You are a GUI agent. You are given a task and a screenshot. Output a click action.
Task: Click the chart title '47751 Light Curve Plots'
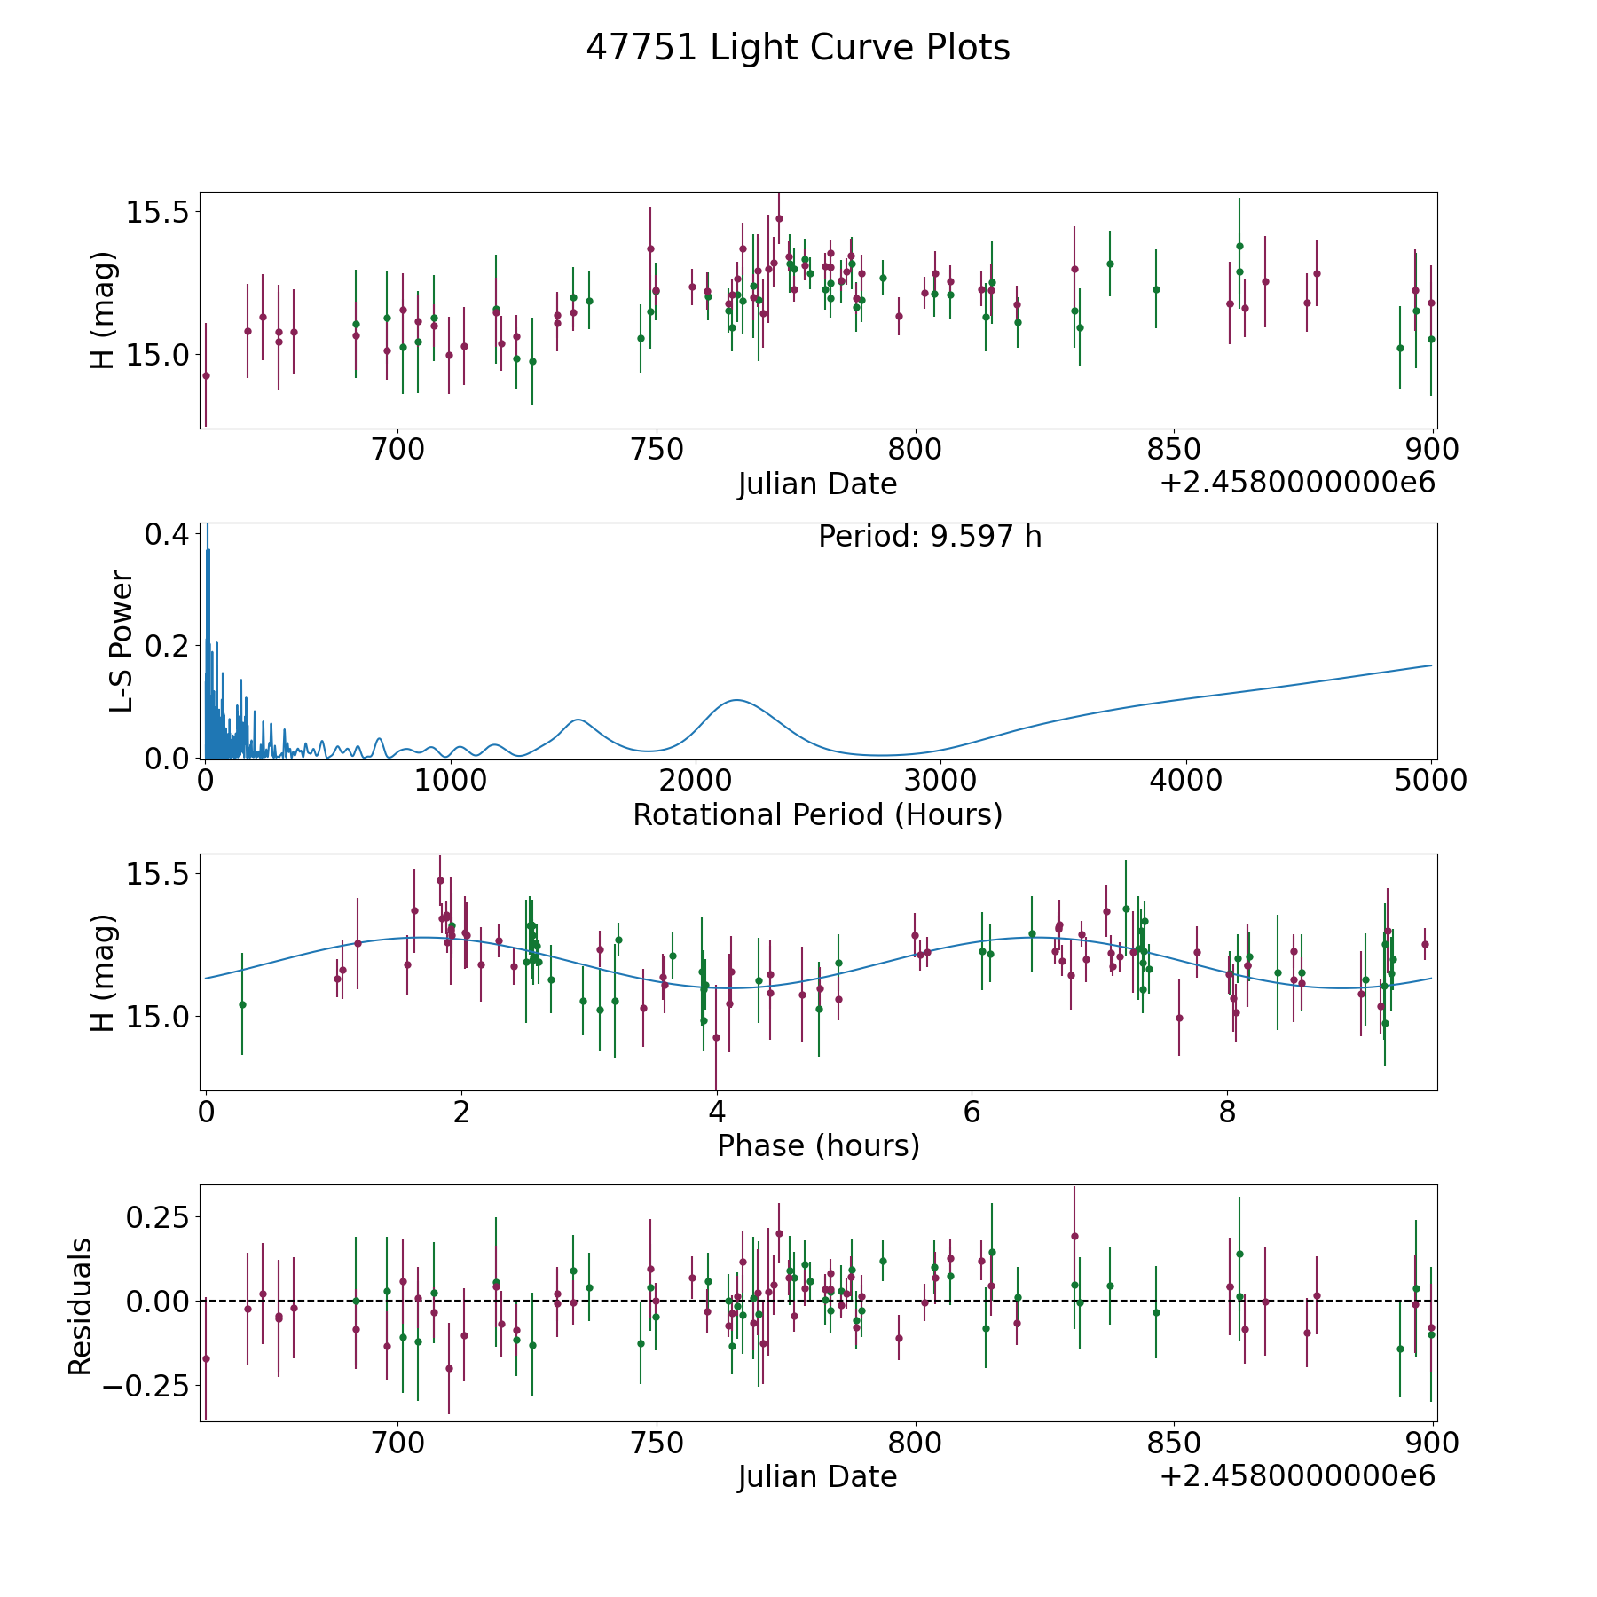click(798, 48)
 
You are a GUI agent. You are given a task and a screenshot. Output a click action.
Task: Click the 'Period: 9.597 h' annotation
click(930, 537)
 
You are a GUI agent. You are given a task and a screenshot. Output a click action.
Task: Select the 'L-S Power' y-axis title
click(122, 641)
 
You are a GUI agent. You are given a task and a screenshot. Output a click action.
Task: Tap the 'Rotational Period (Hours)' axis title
click(817, 814)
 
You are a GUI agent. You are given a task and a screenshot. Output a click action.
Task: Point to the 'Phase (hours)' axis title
click(818, 1145)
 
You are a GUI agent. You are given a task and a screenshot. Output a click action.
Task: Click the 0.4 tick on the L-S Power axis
click(167, 534)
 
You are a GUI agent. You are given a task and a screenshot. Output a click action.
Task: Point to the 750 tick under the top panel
click(657, 450)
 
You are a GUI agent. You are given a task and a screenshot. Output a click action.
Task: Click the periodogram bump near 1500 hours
click(578, 720)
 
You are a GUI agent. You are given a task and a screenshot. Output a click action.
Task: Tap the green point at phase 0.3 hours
click(242, 1004)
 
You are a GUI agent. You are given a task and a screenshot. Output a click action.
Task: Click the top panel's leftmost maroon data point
click(206, 375)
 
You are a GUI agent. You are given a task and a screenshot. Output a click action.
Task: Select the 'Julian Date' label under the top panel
click(817, 484)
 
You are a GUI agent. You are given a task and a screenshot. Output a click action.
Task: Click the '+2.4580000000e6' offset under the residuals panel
click(1297, 1476)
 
